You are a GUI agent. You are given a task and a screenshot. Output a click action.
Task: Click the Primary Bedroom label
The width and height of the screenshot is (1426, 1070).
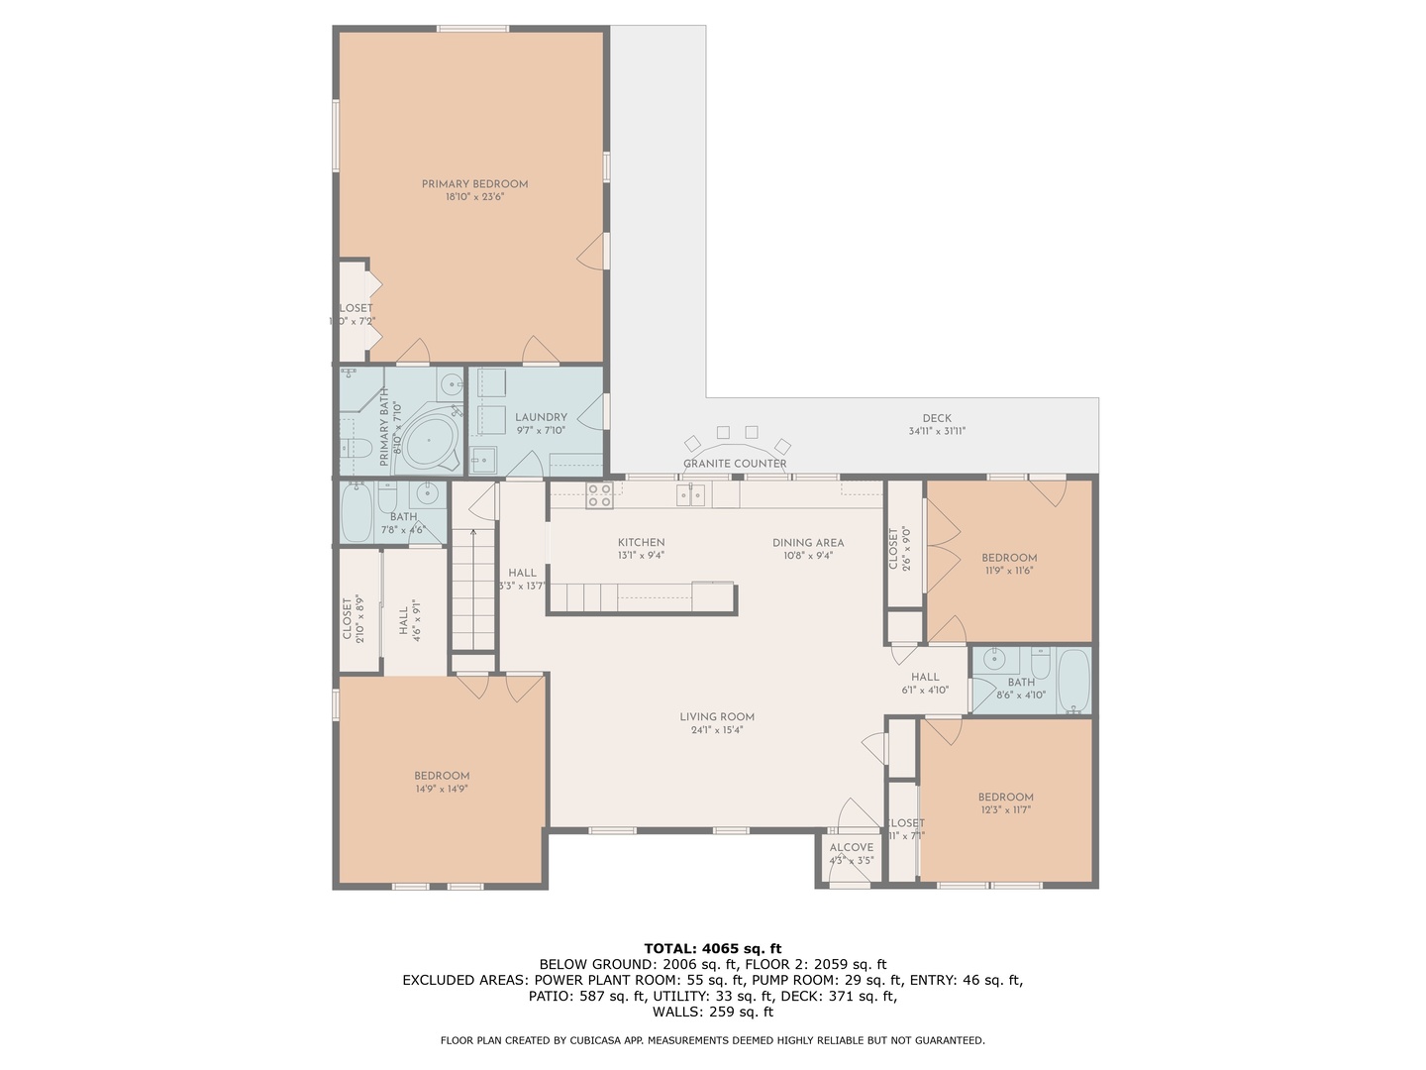[x=474, y=184]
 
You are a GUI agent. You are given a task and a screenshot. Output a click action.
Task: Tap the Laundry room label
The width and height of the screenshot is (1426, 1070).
[x=541, y=417]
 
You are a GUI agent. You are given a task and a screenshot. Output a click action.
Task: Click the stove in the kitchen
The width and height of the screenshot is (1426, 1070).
[x=598, y=495]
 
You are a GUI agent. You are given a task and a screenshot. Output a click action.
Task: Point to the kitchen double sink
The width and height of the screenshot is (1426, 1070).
[x=691, y=494]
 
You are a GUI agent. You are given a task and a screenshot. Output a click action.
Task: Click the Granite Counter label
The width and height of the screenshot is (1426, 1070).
[x=735, y=464]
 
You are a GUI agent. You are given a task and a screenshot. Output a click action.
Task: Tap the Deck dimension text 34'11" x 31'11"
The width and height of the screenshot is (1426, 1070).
[x=936, y=431]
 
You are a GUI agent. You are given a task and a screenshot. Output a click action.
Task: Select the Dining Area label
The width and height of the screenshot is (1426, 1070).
[x=808, y=542]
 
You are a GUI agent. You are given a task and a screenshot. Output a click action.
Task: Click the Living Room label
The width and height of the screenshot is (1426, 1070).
[x=717, y=716]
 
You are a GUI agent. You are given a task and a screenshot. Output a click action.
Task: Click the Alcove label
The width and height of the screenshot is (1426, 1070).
[x=851, y=847]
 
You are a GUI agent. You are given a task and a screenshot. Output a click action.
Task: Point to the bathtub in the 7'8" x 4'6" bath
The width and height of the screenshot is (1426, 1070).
[x=356, y=512]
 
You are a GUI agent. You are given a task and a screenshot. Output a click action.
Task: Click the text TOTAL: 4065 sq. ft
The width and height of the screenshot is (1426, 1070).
[x=712, y=948]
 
